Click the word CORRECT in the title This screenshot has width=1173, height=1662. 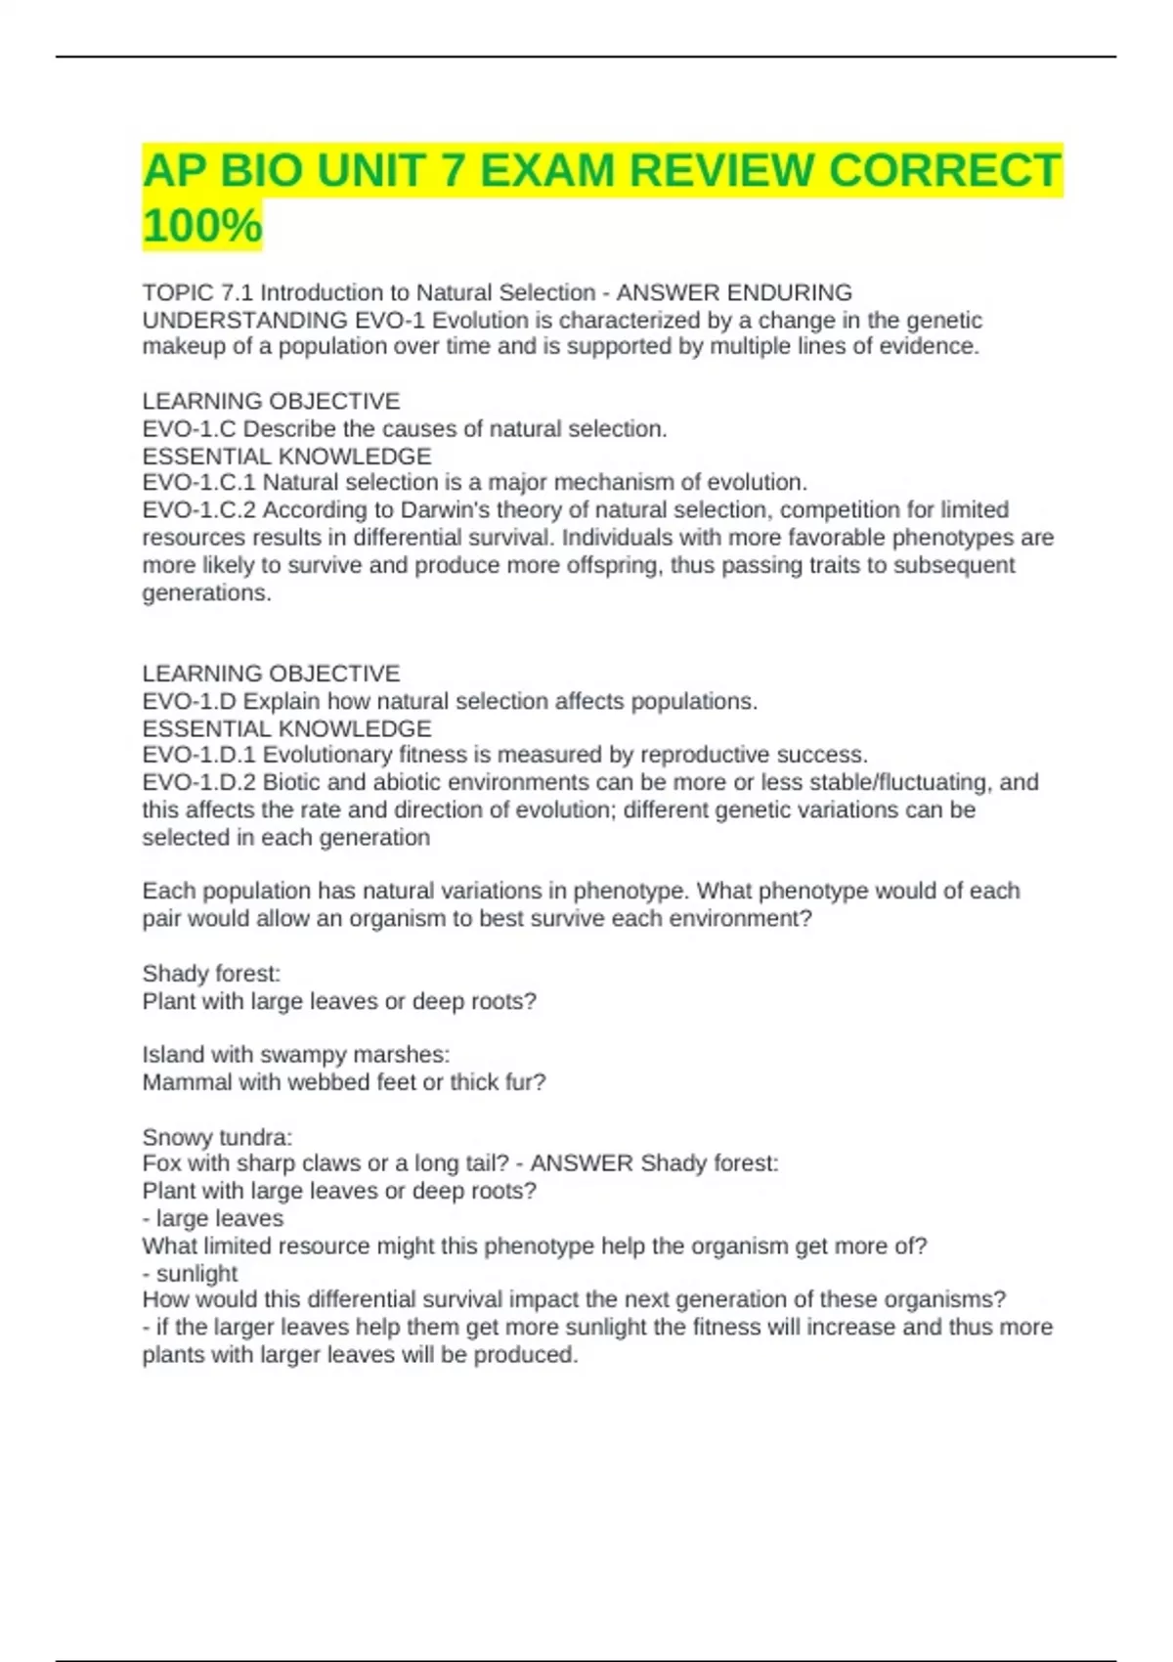pos(943,171)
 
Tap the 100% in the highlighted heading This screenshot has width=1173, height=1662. pos(202,225)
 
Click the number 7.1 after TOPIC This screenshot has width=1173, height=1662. pos(238,292)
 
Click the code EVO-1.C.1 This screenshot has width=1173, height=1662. pos(198,482)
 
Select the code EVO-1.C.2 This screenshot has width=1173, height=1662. pos(198,509)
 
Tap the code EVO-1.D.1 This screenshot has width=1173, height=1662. pos(198,755)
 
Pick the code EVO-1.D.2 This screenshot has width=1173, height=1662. pos(198,782)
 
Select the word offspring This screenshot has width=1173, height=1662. pos(612,565)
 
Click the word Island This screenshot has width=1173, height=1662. pos(170,1055)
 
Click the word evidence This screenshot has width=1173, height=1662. pos(929,346)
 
